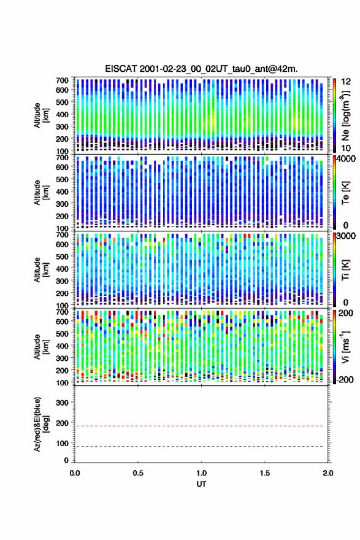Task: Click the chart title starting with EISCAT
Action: point(201,69)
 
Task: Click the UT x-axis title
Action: point(201,484)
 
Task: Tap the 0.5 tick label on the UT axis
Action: point(138,473)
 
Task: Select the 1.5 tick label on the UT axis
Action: point(265,473)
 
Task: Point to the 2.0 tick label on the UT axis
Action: point(328,473)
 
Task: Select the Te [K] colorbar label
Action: point(345,193)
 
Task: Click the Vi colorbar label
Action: point(345,347)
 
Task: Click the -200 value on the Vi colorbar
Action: point(345,379)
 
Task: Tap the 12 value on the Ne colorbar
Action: point(347,82)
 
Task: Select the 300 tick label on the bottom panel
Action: point(63,403)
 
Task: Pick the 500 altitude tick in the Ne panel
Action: point(63,102)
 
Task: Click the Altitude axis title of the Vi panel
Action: point(40,347)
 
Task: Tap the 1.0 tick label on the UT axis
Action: point(201,473)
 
